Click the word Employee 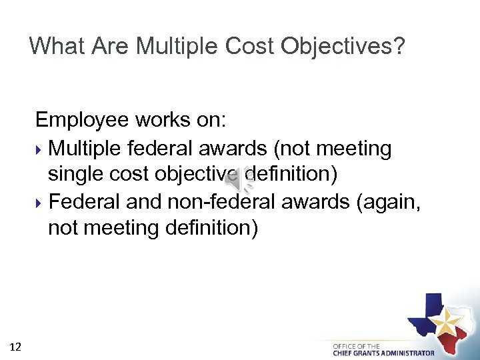point(82,121)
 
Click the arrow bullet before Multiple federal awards point(40,148)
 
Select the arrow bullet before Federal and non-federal point(40,202)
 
